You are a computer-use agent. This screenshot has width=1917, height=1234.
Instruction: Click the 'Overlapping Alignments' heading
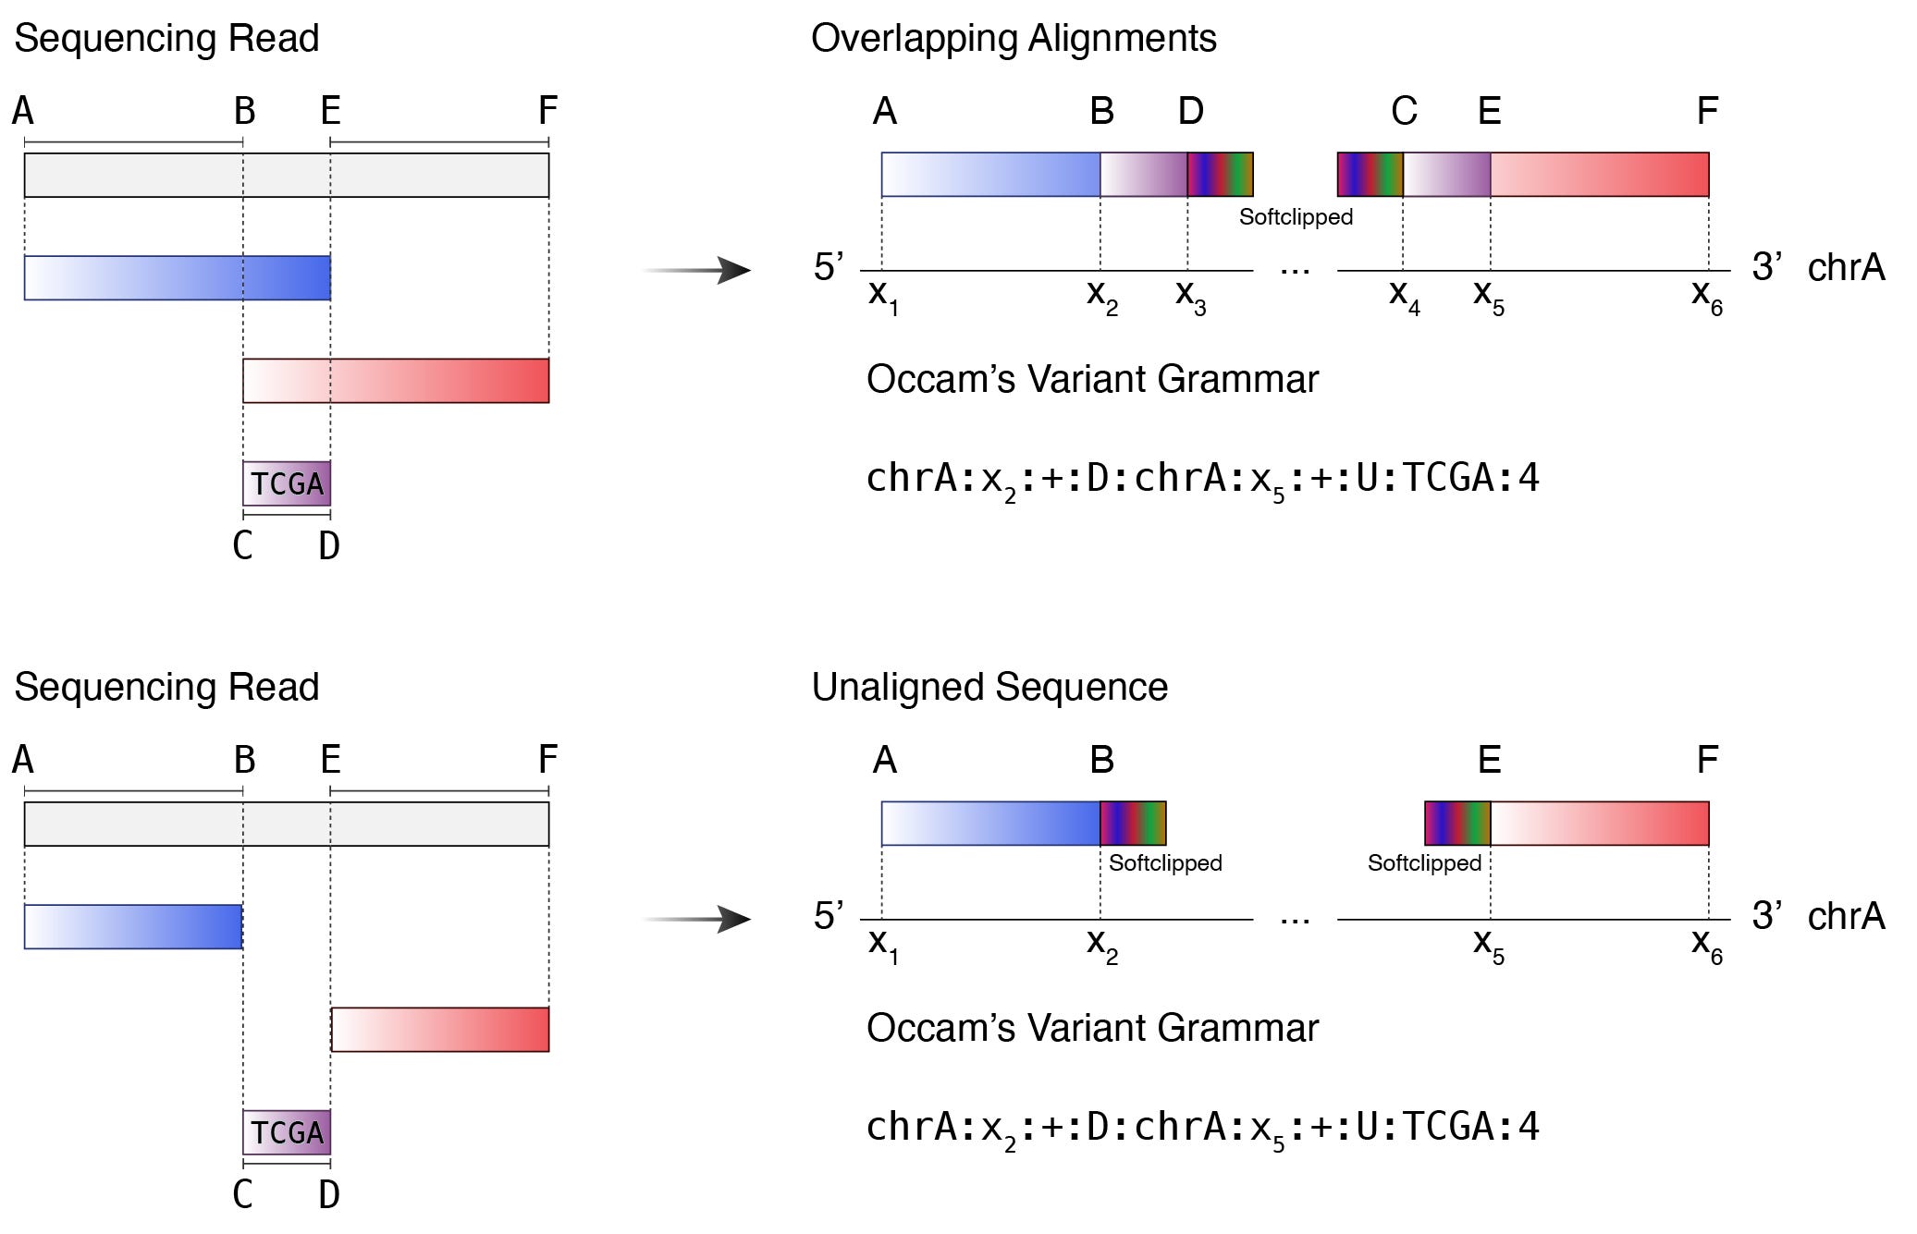[1014, 39]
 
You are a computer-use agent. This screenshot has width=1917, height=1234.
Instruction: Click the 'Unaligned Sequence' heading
[989, 688]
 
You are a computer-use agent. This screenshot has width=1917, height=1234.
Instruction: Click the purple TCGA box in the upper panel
[287, 483]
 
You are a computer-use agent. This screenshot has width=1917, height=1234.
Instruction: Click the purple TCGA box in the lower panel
[287, 1132]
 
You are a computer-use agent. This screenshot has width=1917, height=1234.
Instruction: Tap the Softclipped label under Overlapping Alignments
[1296, 217]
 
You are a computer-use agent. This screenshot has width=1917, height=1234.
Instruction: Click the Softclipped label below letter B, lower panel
[1165, 863]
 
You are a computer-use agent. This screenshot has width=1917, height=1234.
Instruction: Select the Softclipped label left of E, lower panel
[1424, 863]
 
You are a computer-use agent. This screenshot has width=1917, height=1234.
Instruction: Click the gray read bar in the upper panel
[287, 176]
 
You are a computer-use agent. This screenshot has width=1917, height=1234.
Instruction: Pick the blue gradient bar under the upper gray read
[178, 278]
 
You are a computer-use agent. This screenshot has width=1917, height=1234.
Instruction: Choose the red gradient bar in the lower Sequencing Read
[440, 1030]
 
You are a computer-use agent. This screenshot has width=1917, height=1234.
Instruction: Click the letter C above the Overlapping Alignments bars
[1404, 112]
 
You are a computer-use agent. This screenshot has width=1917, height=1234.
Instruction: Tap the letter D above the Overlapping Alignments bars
[1190, 112]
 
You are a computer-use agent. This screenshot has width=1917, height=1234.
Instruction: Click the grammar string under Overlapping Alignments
[1202, 479]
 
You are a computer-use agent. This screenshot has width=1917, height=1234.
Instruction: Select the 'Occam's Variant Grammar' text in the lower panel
[1092, 1028]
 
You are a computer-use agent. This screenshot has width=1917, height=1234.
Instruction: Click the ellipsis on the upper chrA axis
[1295, 271]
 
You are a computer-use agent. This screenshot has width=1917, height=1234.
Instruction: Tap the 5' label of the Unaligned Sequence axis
[828, 916]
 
